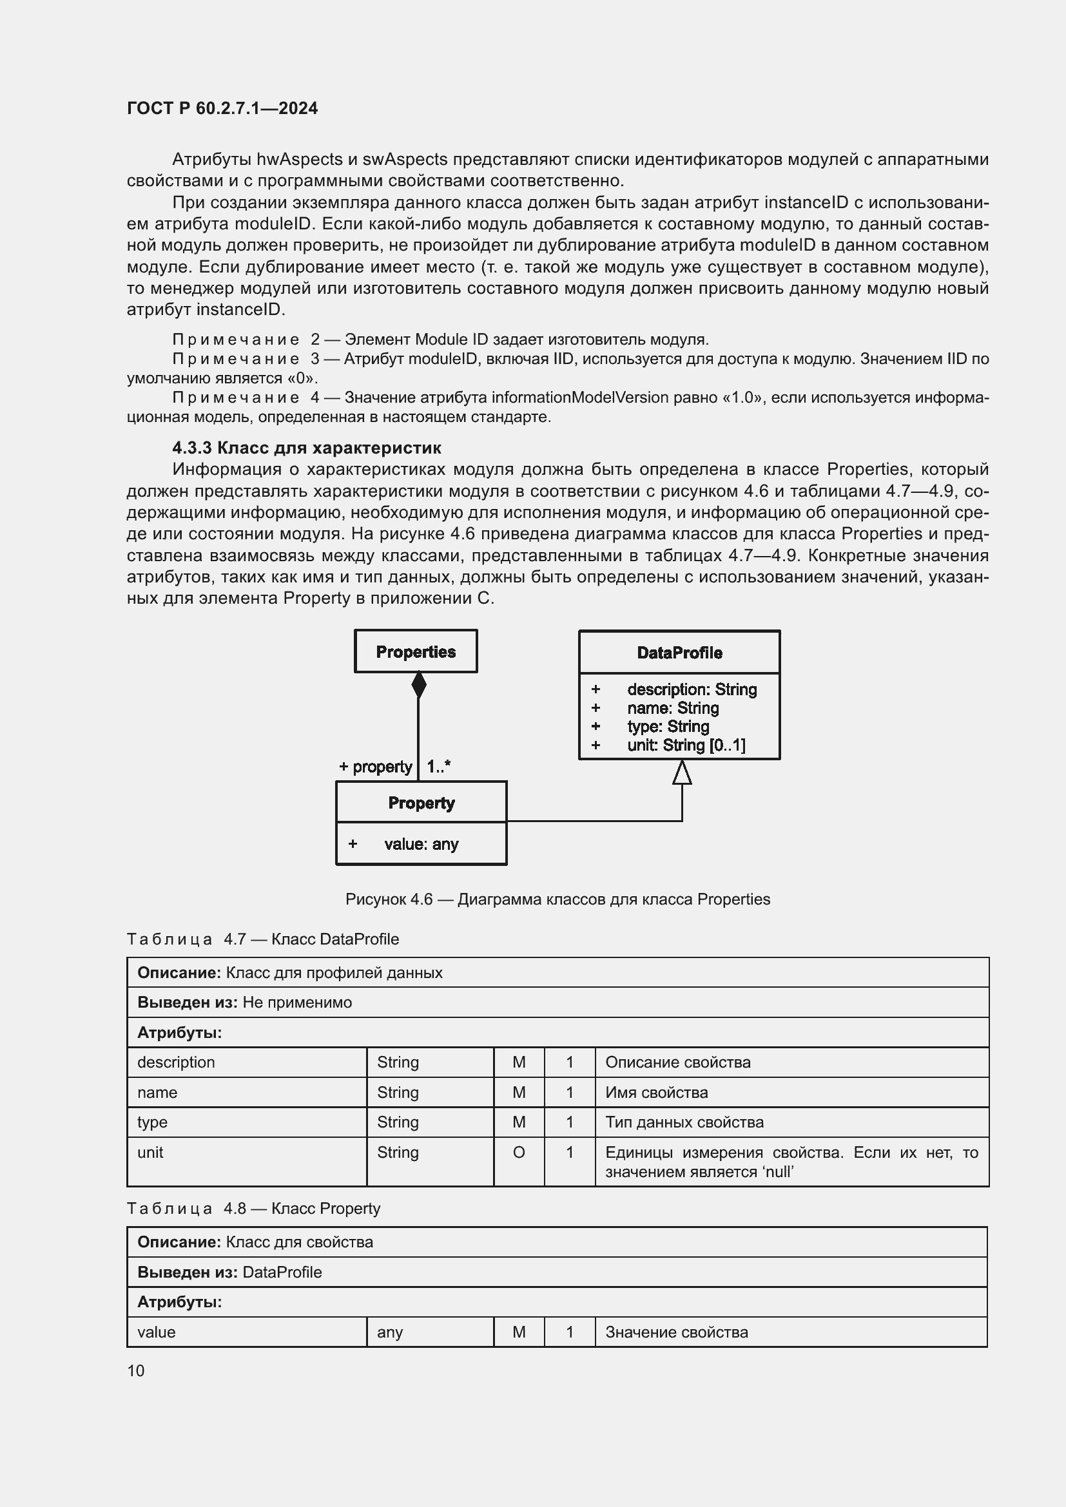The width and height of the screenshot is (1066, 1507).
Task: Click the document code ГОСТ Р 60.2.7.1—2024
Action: click(222, 108)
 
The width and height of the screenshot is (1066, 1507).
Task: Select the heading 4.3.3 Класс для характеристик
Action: click(307, 448)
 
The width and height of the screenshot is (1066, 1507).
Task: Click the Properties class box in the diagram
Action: click(416, 651)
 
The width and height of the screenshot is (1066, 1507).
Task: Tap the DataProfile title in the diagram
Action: click(679, 653)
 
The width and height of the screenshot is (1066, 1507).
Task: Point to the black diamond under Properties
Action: click(419, 686)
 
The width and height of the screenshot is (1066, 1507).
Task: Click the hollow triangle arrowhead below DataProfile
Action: click(682, 773)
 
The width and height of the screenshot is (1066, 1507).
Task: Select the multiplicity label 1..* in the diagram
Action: click(438, 767)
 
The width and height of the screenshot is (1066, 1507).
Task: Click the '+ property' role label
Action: click(376, 767)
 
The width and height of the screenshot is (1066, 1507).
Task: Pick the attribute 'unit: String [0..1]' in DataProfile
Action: click(686, 745)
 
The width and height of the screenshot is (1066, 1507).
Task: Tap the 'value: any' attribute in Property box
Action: click(421, 844)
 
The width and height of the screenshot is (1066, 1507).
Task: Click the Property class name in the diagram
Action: click(421, 803)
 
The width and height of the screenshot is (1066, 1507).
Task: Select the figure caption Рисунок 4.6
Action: click(557, 899)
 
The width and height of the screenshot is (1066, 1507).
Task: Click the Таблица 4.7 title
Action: click(262, 939)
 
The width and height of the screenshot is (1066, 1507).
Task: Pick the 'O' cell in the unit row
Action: click(519, 1153)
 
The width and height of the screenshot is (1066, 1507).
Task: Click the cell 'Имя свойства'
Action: click(656, 1093)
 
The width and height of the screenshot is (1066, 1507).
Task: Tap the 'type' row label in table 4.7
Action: click(152, 1122)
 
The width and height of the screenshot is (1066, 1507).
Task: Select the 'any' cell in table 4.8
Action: click(390, 1332)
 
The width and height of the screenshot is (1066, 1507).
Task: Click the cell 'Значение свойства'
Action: click(676, 1332)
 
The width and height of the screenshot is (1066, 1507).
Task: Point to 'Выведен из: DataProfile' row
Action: click(229, 1272)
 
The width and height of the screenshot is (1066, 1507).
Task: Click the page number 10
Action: click(136, 1370)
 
